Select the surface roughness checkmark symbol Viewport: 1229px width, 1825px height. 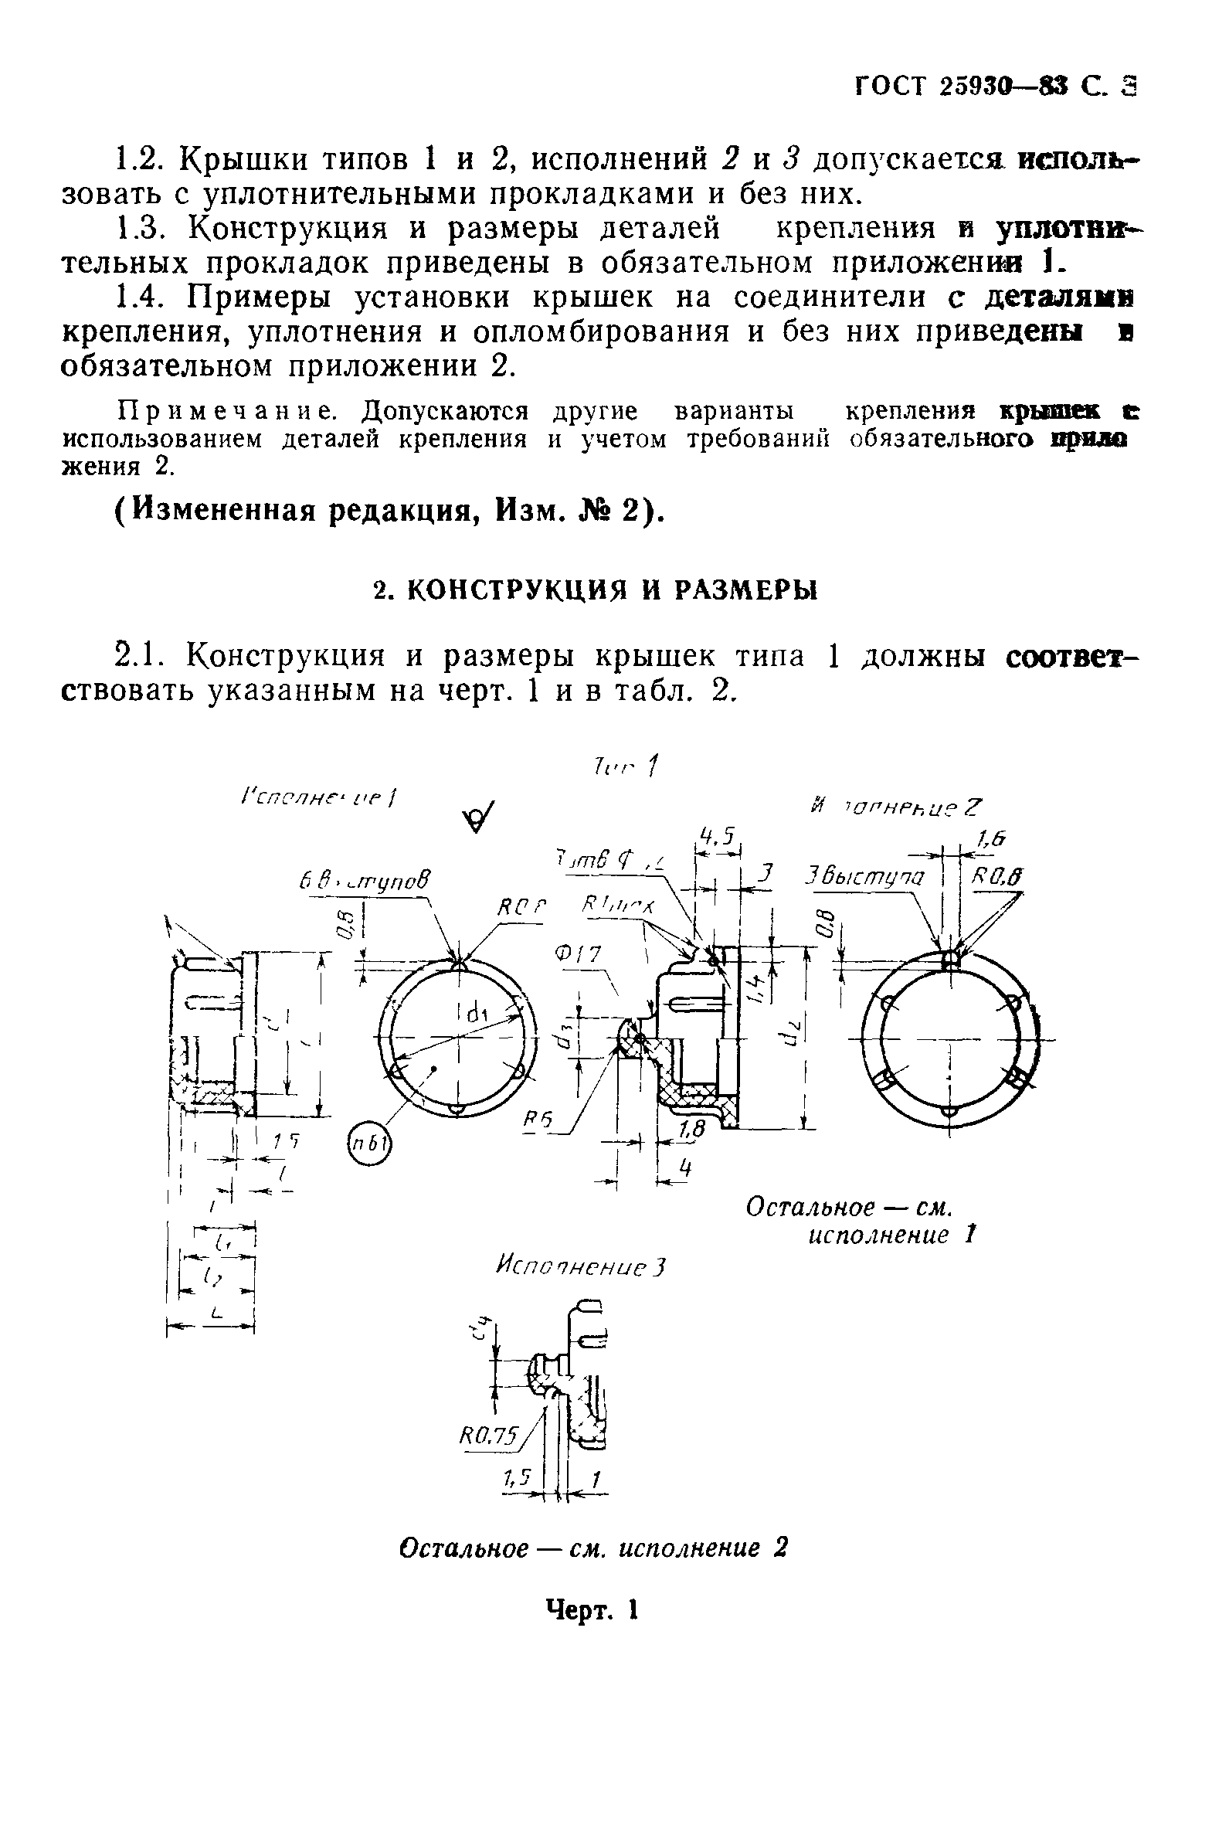[x=478, y=818]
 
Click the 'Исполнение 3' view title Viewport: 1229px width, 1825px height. [x=579, y=1267]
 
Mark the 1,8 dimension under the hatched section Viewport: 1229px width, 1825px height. [x=691, y=1130]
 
